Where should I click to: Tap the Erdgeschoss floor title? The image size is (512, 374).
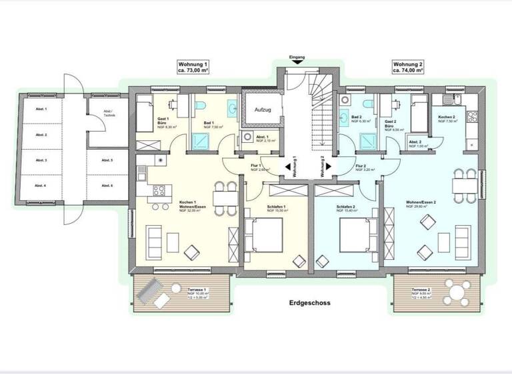(x=310, y=303)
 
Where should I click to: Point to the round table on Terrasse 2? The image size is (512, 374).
(x=455, y=291)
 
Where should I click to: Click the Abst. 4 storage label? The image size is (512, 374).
(x=40, y=185)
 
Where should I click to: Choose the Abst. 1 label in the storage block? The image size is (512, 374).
(x=40, y=108)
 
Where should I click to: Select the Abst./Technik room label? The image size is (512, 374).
(x=108, y=114)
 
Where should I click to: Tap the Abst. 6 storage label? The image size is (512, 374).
(x=107, y=185)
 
